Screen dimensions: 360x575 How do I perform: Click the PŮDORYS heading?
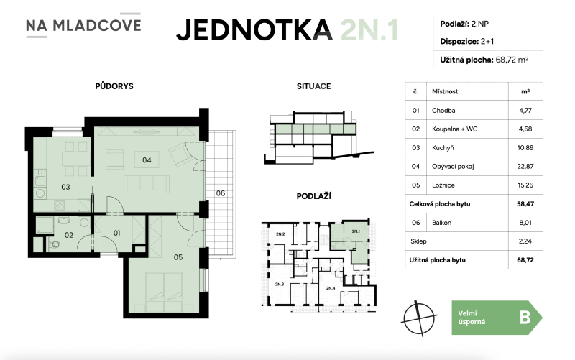tap(114, 86)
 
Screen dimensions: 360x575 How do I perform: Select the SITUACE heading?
tap(313, 86)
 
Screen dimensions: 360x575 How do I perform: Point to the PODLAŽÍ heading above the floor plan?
tap(313, 195)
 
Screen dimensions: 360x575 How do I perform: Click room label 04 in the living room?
tap(146, 160)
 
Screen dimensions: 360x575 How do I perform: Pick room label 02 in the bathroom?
tap(69, 234)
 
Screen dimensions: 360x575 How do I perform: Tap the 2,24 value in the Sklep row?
tap(525, 241)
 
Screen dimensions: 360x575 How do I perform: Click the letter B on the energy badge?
tap(525, 317)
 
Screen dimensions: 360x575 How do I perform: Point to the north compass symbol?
tap(420, 315)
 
